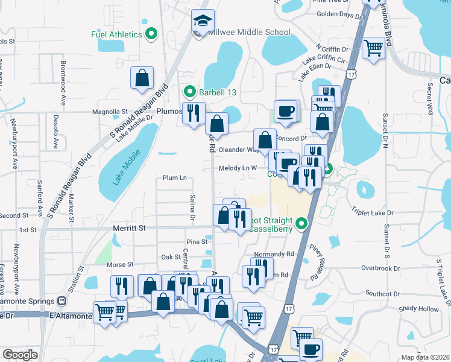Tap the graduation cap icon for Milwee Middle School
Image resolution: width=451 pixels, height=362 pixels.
coord(203,21)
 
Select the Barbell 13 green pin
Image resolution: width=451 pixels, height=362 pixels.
coord(189,92)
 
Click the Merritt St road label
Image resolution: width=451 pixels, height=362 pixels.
coord(130,228)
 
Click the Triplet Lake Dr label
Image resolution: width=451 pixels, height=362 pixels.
coord(372,213)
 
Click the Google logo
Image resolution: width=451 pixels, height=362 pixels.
coord(20,355)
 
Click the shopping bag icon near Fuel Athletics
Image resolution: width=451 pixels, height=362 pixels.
coord(142,78)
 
